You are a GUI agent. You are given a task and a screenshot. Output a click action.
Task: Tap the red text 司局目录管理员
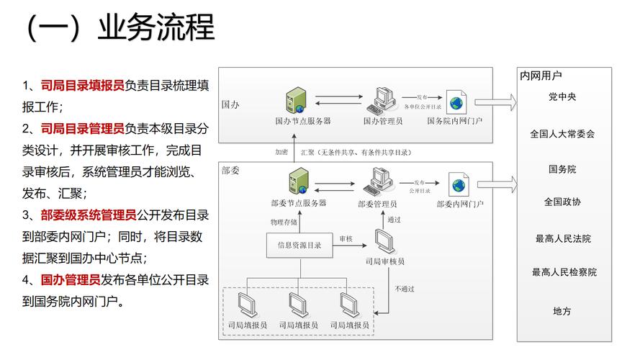point(83,129)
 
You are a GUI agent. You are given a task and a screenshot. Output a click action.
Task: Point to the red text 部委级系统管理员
point(89,215)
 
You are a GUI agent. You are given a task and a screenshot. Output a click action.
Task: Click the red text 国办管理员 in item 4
point(71,279)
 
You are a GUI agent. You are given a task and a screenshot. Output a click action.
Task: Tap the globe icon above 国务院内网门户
point(455,102)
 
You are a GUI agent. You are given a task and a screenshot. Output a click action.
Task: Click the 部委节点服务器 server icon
point(296,181)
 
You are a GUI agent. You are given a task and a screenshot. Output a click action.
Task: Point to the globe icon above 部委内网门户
point(459,185)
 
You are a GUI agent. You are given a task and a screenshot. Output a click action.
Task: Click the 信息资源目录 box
point(299,246)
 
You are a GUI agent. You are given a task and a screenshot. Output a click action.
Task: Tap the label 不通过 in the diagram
point(404,289)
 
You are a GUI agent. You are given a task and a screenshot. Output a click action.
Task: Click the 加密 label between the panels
point(281,153)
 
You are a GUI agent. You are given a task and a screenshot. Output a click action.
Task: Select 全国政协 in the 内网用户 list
point(562,202)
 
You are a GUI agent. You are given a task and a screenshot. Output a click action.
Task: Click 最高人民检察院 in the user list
point(564,272)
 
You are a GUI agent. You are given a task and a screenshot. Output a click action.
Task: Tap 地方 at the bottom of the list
point(562,311)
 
